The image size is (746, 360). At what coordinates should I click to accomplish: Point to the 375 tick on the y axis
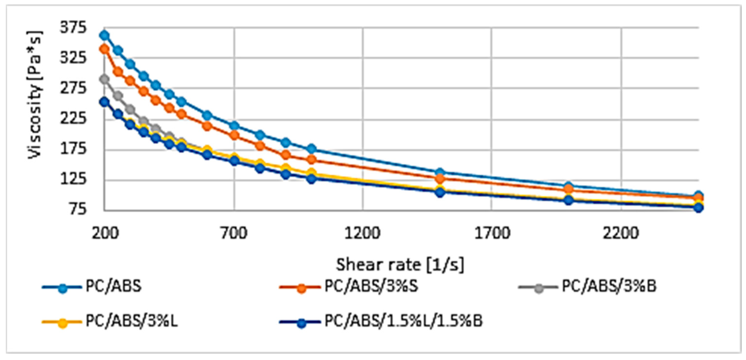click(73, 28)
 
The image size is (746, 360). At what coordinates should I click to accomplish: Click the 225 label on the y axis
click(73, 119)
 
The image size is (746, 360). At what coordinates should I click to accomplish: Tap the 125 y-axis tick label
click(73, 179)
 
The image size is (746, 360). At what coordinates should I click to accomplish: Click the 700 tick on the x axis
click(234, 233)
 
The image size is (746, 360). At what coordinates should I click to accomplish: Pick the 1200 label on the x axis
click(362, 233)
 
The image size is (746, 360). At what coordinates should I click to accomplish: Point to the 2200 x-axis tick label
click(621, 233)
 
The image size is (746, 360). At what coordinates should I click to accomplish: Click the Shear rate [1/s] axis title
click(400, 264)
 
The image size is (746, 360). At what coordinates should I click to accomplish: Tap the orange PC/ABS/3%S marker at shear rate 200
click(104, 49)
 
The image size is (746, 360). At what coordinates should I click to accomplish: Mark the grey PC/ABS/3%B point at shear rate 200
click(104, 79)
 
